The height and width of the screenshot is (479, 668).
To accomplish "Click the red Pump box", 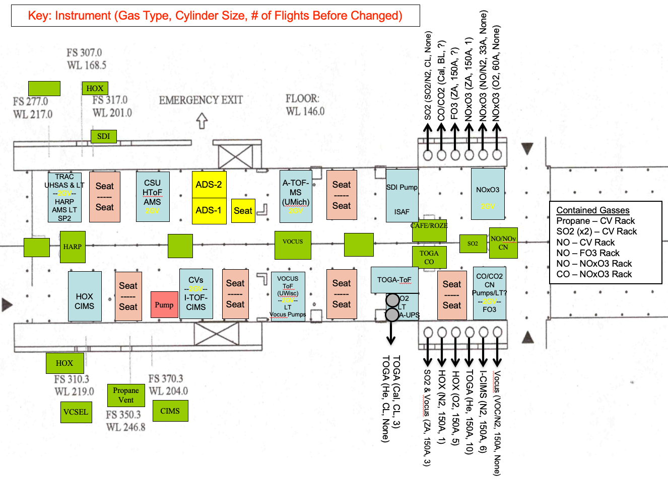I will click(x=164, y=304).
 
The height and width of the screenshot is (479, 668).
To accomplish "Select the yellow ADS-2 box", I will click(x=209, y=185).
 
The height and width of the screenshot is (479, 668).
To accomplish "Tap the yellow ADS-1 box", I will click(x=209, y=211).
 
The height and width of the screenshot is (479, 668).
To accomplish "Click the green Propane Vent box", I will click(x=126, y=395).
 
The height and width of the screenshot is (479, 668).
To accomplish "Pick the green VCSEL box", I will click(x=76, y=412).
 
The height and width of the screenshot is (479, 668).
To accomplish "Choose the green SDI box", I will click(x=104, y=136).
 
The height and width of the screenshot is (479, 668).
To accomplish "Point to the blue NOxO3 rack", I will click(x=488, y=194).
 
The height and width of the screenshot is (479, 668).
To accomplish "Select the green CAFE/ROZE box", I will click(x=429, y=230).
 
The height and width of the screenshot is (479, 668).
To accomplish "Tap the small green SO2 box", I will click(x=473, y=244).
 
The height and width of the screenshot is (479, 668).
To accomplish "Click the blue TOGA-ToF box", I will click(x=394, y=280).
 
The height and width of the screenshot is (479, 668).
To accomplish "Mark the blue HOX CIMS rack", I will click(x=85, y=296).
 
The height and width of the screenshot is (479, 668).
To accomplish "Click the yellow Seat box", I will click(x=243, y=211).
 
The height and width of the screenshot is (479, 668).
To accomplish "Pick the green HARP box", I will click(x=73, y=247).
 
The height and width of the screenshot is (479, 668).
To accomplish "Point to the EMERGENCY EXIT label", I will click(x=201, y=100).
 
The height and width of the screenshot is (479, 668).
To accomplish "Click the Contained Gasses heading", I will click(x=593, y=210).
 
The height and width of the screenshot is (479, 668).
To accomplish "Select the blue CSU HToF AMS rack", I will click(x=153, y=197).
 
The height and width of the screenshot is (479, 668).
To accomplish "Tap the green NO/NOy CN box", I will click(x=503, y=244).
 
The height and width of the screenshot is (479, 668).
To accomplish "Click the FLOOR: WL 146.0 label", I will click(x=305, y=105).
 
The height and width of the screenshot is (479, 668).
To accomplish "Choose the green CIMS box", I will click(x=170, y=411).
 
